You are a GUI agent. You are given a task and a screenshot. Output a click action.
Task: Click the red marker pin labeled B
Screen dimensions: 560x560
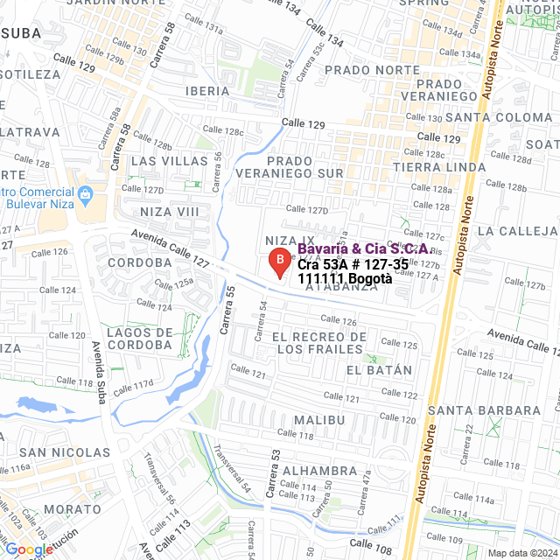(278, 261)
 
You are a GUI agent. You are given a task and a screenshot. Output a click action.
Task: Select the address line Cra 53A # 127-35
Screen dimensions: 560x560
(353, 264)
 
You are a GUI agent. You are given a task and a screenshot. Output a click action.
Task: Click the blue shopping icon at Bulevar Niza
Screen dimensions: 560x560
(85, 193)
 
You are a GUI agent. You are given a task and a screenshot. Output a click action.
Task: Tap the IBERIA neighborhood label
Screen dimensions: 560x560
(207, 90)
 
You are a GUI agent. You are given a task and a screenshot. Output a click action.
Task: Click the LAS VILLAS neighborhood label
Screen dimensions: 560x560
(170, 161)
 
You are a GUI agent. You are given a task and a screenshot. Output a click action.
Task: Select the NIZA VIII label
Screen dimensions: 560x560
(170, 212)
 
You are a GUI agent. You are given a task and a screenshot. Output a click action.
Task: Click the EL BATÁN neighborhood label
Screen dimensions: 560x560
(378, 370)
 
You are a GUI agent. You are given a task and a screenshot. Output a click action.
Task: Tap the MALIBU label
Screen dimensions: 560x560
(319, 420)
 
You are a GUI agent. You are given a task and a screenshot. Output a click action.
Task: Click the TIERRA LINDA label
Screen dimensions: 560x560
(439, 167)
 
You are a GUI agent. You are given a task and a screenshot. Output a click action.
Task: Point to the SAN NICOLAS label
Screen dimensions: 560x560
(65, 452)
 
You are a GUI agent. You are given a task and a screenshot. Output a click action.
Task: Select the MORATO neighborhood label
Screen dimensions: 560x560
(73, 508)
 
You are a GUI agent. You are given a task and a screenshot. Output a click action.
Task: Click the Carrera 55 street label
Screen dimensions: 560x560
(228, 310)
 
